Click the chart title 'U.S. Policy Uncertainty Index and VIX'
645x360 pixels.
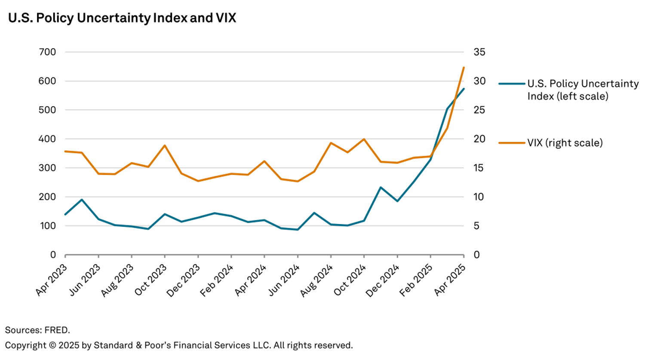pyautogui.click(x=122, y=18)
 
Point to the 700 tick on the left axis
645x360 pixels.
pyautogui.click(x=47, y=52)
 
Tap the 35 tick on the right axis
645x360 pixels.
pyautogui.click(x=479, y=52)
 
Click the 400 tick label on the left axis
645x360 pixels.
pyautogui.click(x=47, y=139)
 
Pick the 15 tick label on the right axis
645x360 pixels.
pyautogui.click(x=479, y=168)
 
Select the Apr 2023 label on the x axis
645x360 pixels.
pyautogui.click(x=51, y=280)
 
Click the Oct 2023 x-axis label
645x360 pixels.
pyautogui.click(x=150, y=280)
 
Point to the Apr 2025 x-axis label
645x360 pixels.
pyautogui.click(x=449, y=280)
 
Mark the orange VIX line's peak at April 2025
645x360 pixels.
pyautogui.click(x=464, y=68)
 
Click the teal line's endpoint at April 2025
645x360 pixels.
pyautogui.click(x=464, y=89)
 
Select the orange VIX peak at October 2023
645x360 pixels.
pyautogui.click(x=165, y=145)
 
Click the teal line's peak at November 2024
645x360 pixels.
pyautogui.click(x=381, y=187)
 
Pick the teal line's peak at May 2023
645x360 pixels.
pyautogui.click(x=82, y=200)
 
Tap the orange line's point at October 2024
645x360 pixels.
pyautogui.click(x=364, y=139)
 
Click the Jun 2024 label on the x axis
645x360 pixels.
pyautogui.click(x=283, y=280)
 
